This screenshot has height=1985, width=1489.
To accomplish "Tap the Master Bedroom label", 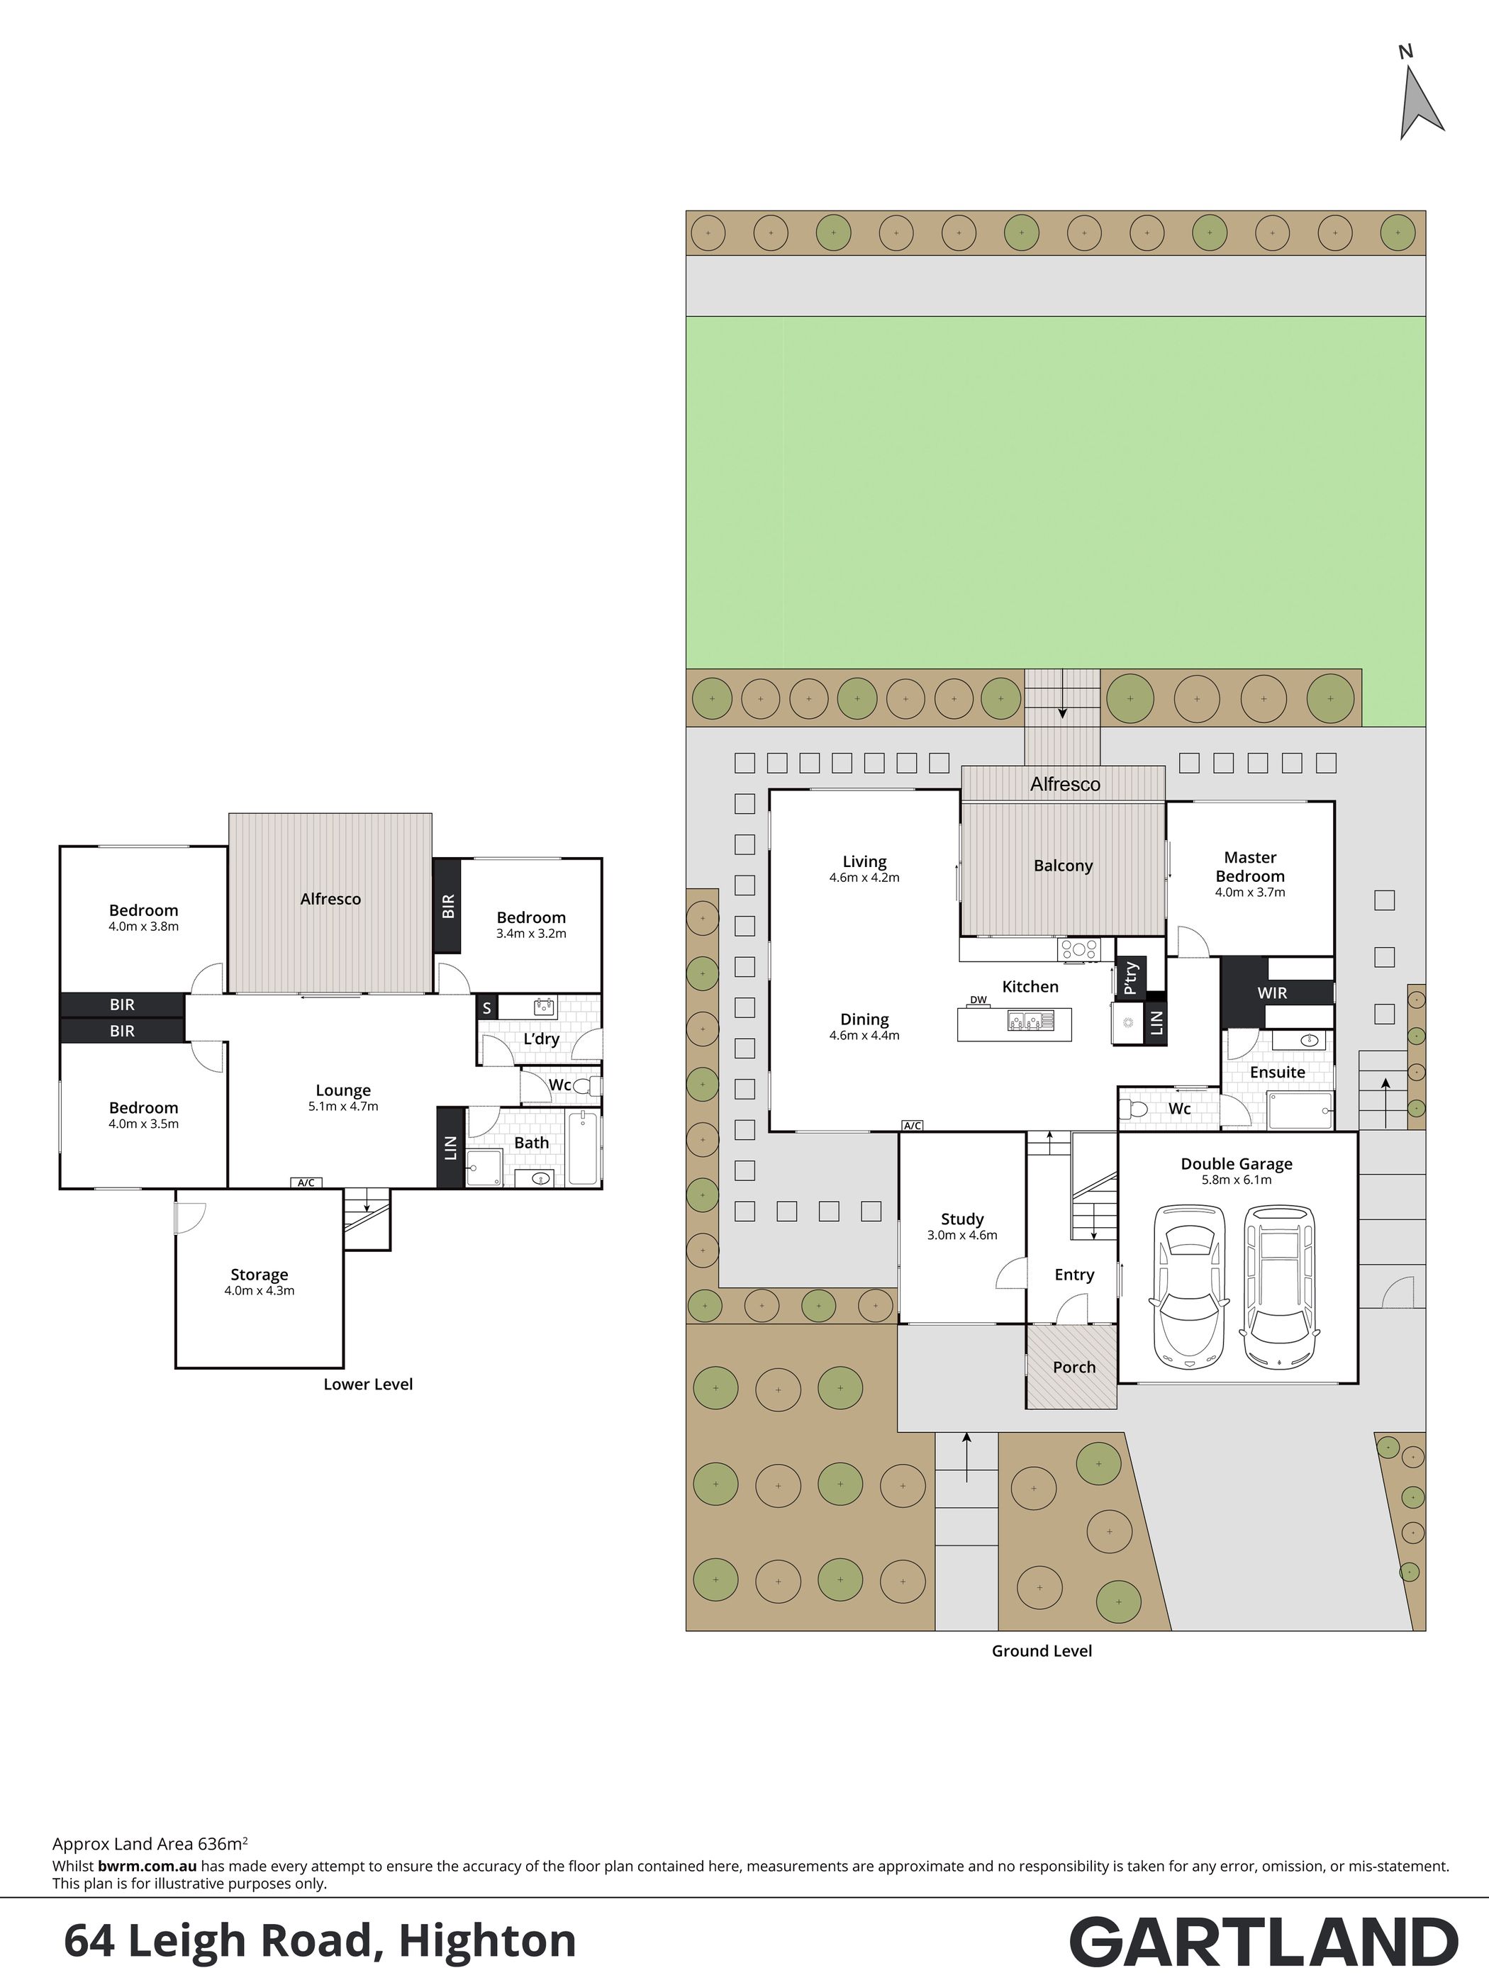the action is [1249, 867].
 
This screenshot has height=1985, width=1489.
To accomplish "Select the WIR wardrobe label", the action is [1272, 992].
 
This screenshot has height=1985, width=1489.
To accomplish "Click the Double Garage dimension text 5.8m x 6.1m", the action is [1237, 1179].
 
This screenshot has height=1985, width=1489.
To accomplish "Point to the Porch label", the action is [1074, 1368].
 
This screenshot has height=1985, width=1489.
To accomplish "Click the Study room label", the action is [962, 1219].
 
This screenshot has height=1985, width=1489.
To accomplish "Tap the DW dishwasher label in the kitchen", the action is [978, 1000].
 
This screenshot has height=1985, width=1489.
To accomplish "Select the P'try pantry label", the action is [1131, 979].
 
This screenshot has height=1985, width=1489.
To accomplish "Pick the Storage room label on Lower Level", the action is [260, 1274].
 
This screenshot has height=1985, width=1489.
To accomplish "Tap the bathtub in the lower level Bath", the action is [584, 1148].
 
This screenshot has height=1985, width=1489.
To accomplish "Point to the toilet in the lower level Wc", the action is [585, 1087].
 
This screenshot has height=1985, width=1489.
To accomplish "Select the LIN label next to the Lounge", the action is [450, 1148].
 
